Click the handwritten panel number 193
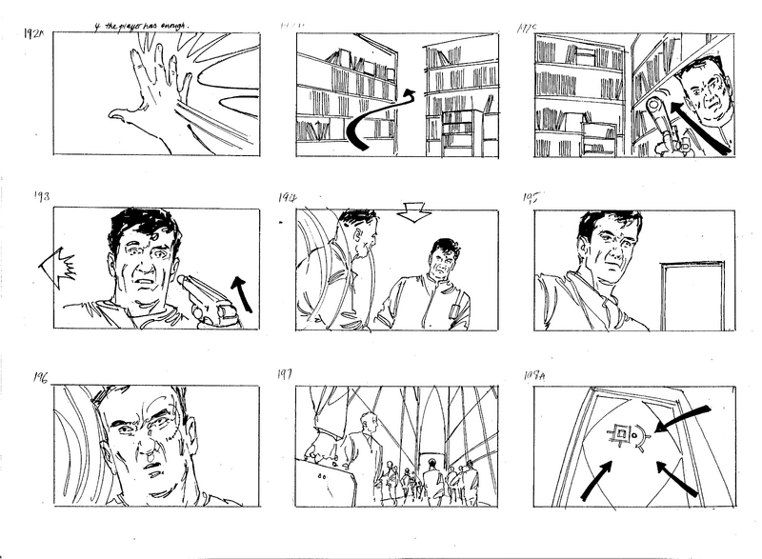point(40,198)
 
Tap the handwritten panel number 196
point(40,374)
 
